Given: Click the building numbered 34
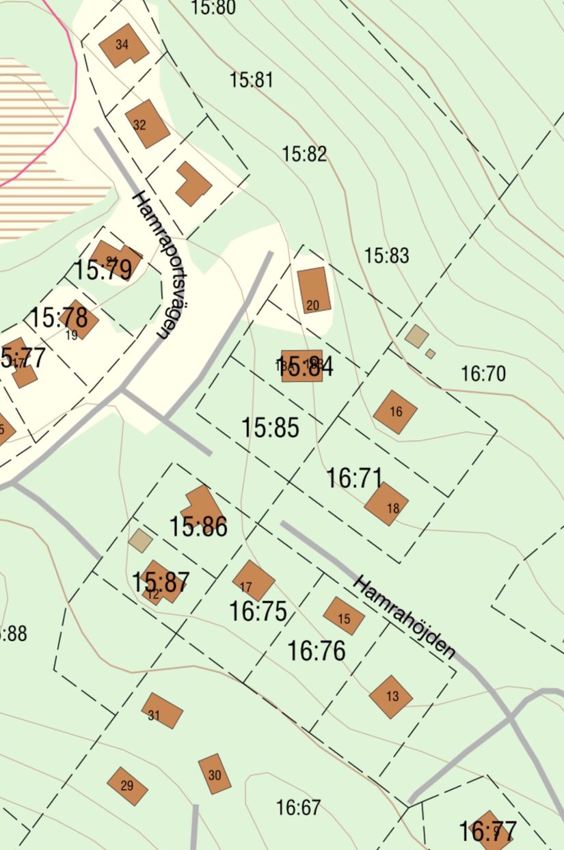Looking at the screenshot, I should pos(123,46).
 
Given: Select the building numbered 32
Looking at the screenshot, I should pos(147,124).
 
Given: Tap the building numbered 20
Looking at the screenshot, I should pos(314,290).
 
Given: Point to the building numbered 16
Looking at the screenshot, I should pos(395,412).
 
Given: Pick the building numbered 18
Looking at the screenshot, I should pos(386,504).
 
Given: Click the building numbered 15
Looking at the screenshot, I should pos(344,616).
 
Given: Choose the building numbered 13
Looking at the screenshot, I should pos(391,697).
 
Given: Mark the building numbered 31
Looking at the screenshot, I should pos(162,711).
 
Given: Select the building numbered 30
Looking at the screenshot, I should pos(215,773).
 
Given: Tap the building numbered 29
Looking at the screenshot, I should pos(128,786).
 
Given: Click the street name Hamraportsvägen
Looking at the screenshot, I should pos(151,265).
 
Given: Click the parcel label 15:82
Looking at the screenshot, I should pos(304,154).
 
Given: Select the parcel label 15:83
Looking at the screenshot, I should pos(386,256).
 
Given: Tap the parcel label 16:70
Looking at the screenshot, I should pos(483,374).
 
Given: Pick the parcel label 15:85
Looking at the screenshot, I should pos(270,428).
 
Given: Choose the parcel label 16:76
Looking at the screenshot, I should pos(316,650).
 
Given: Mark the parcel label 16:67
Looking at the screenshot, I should pos(298,808).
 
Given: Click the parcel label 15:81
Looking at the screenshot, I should pos(251,80).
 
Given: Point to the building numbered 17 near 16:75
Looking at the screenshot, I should pos(253,581).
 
